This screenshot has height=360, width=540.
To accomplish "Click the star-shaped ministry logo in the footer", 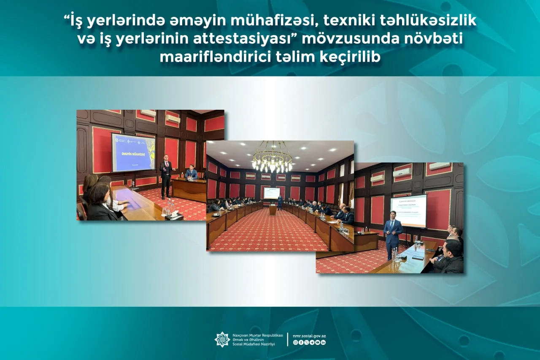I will pyautogui.click(x=222, y=339).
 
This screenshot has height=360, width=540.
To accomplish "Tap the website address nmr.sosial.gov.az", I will pyautogui.click(x=309, y=336).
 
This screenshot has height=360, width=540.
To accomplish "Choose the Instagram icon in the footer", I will pyautogui.click(x=295, y=342).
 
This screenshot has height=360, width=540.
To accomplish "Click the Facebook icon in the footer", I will pyautogui.click(x=301, y=342).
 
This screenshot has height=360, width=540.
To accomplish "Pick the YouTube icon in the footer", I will pyautogui.click(x=317, y=342).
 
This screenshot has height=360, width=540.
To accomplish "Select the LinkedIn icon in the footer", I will pyautogui.click(x=323, y=342).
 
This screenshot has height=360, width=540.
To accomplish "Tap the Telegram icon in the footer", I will pyautogui.click(x=312, y=342).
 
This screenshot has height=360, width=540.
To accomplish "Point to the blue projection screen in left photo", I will pyautogui.click(x=133, y=152).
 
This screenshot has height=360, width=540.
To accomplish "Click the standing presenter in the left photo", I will pyautogui.click(x=166, y=177).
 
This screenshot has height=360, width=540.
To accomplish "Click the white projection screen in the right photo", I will pyautogui.click(x=408, y=210).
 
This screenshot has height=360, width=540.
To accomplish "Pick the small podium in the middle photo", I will pyautogui.click(x=273, y=210).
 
